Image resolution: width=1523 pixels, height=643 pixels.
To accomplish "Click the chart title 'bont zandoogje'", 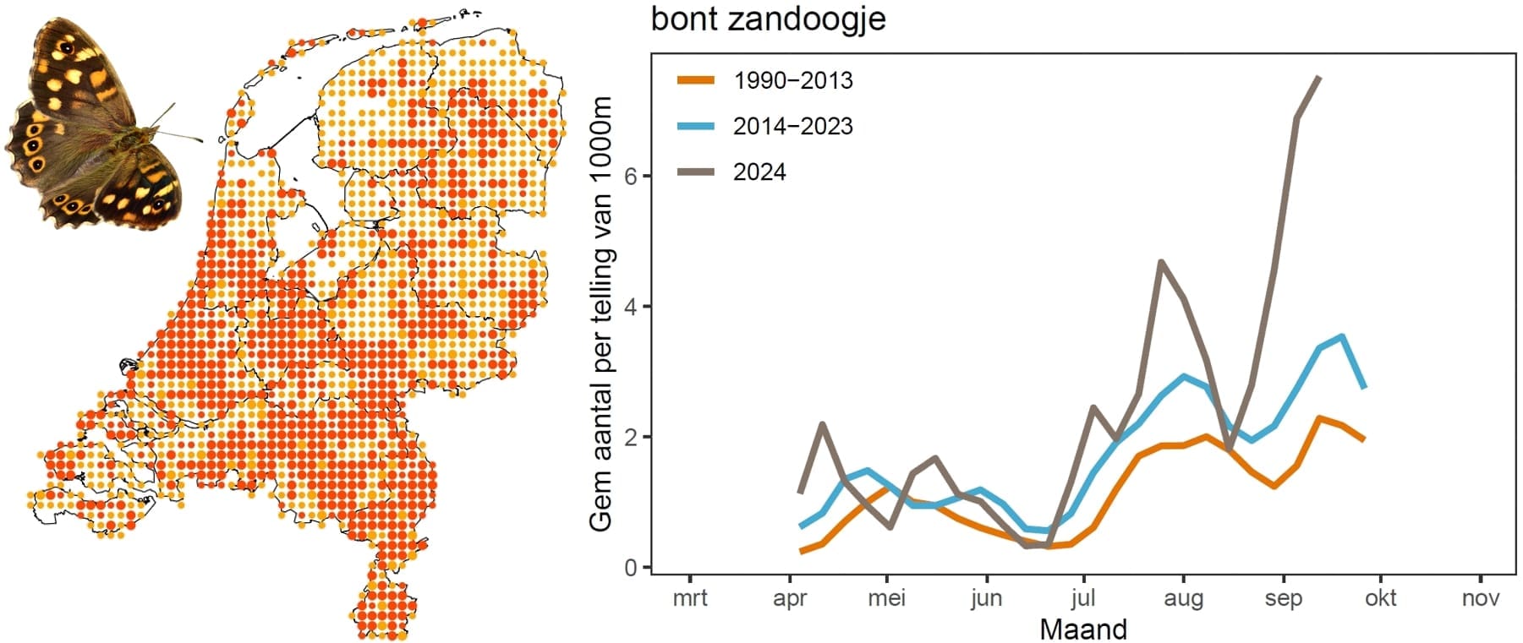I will coord(768,19).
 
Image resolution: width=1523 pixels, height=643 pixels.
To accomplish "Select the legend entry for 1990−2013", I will coord(792,81).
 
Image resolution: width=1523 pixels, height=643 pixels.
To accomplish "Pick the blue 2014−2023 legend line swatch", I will coord(696,127).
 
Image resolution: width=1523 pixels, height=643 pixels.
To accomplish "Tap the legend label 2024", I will coord(759,172).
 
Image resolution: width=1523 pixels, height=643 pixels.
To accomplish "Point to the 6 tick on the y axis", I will coord(630,177).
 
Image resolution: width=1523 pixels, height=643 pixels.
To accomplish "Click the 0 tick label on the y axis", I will coord(630,568).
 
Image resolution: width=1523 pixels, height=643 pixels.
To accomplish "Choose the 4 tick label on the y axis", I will coord(630,307).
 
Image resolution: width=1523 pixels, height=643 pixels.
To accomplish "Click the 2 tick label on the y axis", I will coord(630,438).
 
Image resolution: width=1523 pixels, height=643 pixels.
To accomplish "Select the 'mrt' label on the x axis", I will coord(690,598).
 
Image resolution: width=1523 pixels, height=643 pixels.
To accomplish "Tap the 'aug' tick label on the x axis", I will coord(1183,598).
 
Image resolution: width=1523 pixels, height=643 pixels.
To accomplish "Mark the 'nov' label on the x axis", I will coord(1481,598).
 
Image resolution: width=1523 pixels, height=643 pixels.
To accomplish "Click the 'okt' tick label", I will coord(1381,598).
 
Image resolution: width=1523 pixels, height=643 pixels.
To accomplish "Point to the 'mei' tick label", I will coord(887,598).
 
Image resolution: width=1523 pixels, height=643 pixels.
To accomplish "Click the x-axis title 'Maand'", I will coord(1083,629).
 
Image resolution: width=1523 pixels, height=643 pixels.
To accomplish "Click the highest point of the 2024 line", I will coord(1318,78).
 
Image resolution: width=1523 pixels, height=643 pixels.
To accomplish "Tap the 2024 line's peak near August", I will coord(1161,262).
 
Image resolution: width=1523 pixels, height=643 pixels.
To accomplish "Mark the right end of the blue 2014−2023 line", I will coord(1364,388).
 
